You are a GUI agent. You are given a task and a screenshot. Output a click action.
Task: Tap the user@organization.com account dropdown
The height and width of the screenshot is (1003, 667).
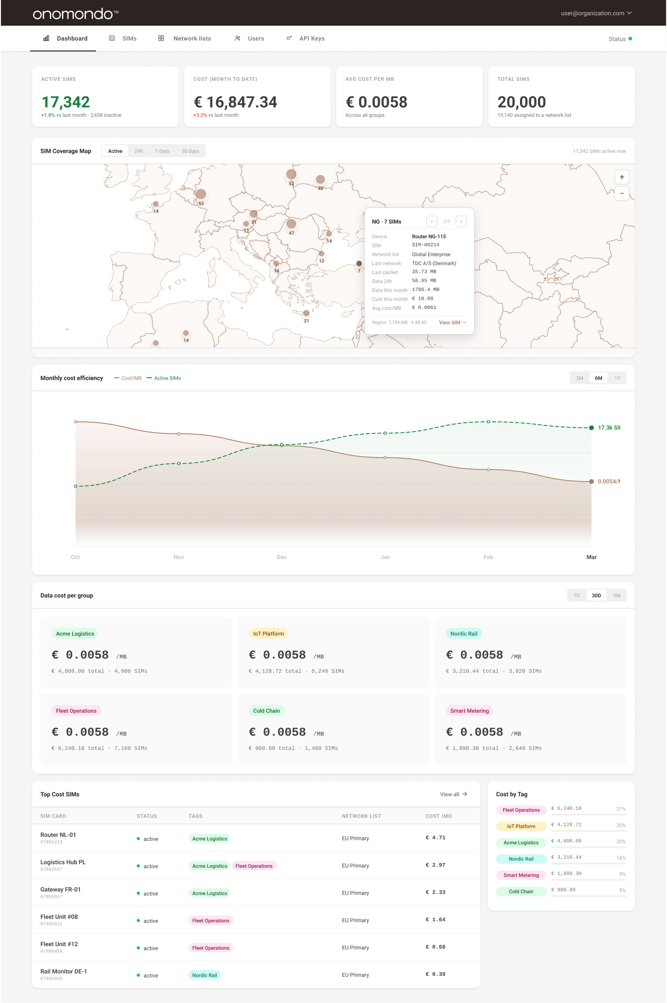596,13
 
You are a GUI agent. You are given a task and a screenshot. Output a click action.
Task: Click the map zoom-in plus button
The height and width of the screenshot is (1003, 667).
622,177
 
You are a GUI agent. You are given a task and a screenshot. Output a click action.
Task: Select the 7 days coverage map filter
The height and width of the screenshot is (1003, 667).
162,151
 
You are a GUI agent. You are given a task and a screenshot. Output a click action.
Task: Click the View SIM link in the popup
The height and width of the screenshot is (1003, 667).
452,323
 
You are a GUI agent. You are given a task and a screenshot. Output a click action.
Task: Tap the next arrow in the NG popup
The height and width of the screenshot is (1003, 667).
461,222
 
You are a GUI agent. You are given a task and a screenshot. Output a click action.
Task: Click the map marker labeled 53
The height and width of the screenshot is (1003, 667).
201,195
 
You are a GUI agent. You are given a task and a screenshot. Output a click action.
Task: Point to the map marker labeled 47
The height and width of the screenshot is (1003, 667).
291,224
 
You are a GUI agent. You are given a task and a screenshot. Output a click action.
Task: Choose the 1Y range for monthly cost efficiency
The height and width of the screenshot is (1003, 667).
617,378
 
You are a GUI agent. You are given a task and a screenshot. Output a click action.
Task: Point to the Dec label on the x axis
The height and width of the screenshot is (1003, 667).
282,557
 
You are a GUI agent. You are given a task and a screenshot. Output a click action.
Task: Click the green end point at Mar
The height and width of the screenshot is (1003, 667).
591,428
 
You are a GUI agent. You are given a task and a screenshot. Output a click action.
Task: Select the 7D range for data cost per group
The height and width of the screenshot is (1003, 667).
577,596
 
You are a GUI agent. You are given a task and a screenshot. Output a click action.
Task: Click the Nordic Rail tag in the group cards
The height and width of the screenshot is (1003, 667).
464,634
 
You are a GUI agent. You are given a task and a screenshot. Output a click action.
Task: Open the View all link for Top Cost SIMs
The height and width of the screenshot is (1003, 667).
453,795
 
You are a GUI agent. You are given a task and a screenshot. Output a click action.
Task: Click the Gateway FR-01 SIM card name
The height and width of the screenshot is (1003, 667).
61,890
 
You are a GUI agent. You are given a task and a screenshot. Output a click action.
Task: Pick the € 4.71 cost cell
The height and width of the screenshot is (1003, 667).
435,838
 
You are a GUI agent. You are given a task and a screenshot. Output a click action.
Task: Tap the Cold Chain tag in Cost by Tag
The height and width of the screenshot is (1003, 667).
521,892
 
